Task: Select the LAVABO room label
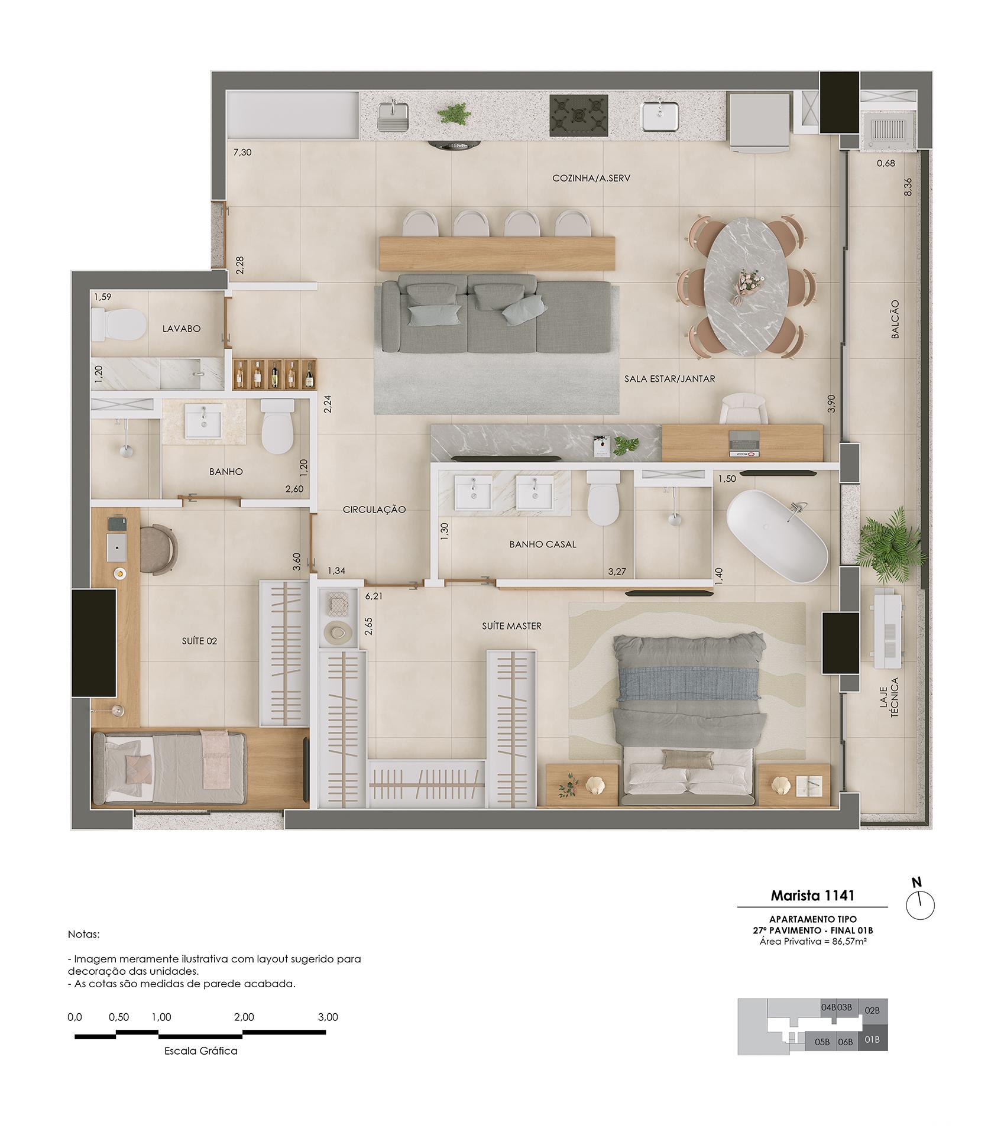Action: (182, 329)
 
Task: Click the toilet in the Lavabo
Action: (118, 325)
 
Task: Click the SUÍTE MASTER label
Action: (511, 625)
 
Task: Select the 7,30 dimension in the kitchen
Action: (242, 152)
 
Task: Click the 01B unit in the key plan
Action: (872, 1039)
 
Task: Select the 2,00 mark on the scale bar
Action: (244, 1017)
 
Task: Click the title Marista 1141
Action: (812, 895)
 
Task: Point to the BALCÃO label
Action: (895, 319)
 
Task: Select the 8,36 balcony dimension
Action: (908, 187)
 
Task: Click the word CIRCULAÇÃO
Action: (374, 510)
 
